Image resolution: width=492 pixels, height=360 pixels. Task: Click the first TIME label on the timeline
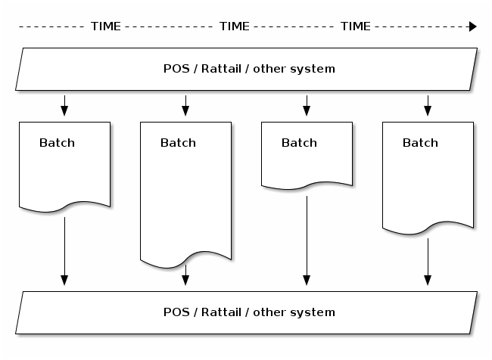pos(105,26)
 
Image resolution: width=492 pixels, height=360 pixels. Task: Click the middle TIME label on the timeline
pos(234,26)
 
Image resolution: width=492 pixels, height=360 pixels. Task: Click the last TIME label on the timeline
pos(355,26)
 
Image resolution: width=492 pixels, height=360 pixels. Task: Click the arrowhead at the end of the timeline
pos(472,26)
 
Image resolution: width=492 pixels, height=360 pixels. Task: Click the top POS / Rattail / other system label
pos(249,69)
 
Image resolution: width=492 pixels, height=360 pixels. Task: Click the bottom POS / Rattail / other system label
pos(249,312)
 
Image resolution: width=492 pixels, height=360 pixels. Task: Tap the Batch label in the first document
pos(57,143)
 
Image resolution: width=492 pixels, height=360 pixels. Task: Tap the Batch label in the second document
pos(178,143)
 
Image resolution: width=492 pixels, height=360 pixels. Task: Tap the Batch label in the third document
pos(299,143)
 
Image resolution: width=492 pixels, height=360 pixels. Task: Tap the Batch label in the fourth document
pos(420,143)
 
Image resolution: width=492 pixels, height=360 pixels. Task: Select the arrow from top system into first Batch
pos(64,106)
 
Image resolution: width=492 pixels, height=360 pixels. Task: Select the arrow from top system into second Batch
pos(185,106)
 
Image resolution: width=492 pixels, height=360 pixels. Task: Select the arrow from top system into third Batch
pos(307,106)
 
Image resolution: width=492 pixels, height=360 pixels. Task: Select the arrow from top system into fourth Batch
pos(428,106)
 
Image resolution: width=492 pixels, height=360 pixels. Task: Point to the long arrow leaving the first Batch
pos(64,250)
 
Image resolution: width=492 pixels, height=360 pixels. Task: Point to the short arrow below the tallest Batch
pos(185,277)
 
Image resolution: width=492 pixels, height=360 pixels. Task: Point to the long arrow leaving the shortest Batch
pos(307,238)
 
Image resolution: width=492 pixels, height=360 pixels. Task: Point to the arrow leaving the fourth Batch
pos(428,261)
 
